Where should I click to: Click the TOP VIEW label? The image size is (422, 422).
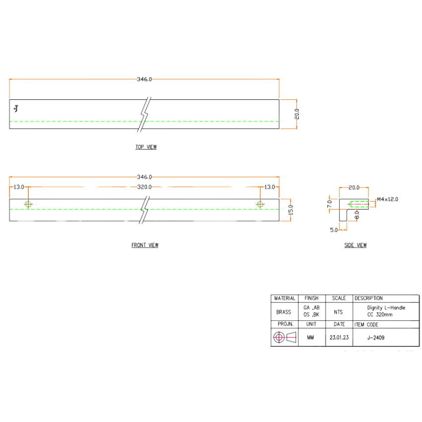tap(146, 147)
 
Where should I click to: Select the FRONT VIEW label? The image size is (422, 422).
tap(145, 245)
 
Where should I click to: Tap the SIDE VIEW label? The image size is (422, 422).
tap(355, 245)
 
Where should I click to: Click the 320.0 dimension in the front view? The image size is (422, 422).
tap(144, 187)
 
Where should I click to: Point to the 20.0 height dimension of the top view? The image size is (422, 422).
tap(296, 114)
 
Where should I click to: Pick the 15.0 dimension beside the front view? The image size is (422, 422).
tap(290, 210)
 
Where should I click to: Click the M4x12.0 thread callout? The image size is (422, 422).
tap(387, 199)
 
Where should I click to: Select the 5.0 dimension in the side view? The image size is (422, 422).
tap(334, 230)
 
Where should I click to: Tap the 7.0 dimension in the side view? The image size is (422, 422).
tap(330, 204)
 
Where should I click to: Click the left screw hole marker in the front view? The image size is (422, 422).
tap(28, 205)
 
